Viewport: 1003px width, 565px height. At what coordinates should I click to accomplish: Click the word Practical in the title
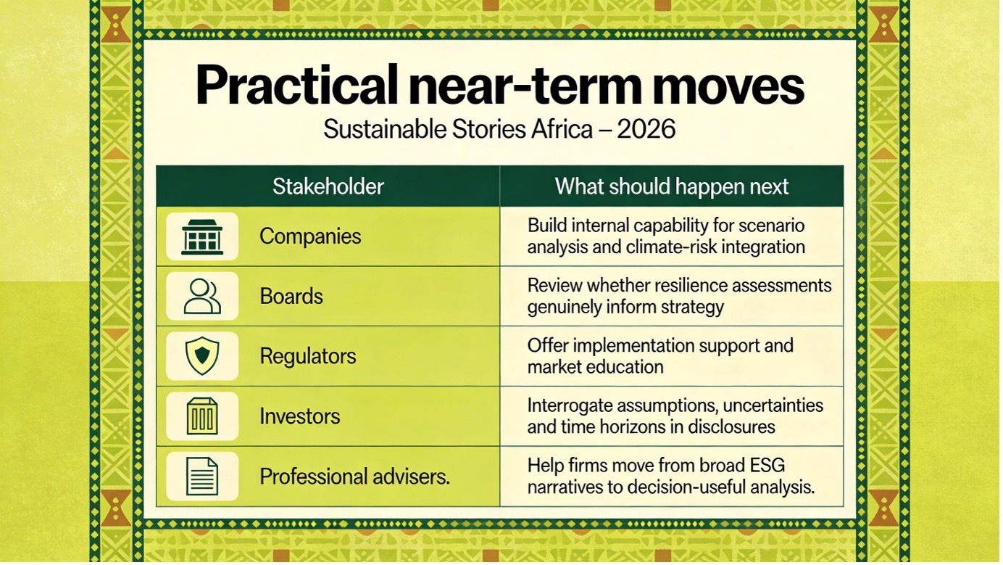tap(297, 85)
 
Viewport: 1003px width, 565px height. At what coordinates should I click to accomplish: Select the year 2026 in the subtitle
tap(646, 129)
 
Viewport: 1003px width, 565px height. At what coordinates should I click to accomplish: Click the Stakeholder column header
tap(328, 186)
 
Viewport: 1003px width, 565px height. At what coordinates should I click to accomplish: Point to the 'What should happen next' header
tap(672, 186)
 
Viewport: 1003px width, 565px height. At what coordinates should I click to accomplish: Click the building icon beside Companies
tap(202, 237)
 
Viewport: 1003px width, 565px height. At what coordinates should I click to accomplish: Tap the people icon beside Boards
tap(202, 296)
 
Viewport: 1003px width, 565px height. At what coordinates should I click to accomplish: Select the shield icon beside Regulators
tap(202, 356)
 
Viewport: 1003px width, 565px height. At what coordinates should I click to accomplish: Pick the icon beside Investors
tap(202, 416)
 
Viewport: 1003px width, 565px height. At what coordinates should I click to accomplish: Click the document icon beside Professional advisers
tap(202, 476)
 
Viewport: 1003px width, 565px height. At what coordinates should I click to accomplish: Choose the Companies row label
tap(310, 236)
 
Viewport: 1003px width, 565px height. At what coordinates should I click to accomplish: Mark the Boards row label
tap(291, 297)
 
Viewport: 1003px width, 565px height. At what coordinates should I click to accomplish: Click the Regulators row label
tap(308, 357)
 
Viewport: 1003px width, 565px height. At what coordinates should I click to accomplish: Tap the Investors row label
tap(300, 416)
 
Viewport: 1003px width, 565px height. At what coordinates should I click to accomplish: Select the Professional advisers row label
tap(354, 477)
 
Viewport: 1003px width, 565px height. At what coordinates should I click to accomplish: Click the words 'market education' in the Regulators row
tap(596, 367)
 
